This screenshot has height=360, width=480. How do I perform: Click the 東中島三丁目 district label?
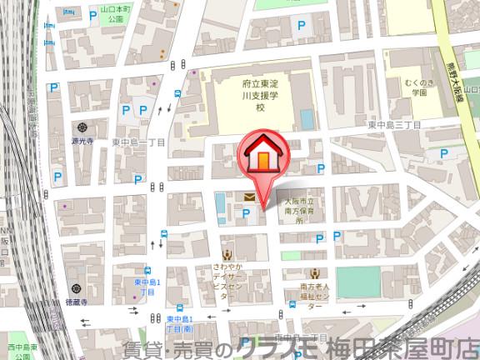(394, 125)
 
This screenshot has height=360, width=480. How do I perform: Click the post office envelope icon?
(249, 197)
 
